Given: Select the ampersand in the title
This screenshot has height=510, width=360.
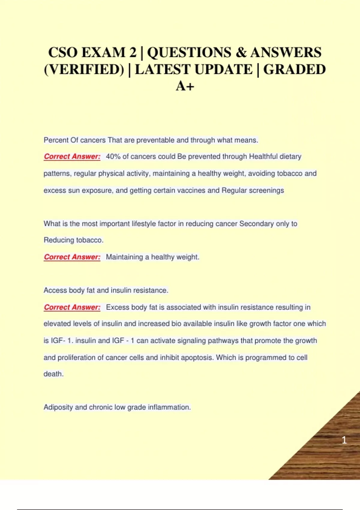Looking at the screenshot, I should click(x=241, y=52).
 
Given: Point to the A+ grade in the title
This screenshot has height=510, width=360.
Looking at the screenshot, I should click(x=185, y=86).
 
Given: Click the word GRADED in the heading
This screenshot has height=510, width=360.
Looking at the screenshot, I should click(x=294, y=70).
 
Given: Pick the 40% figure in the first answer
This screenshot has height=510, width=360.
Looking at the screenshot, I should click(x=113, y=157).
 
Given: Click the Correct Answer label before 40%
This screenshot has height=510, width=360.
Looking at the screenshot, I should click(x=72, y=157).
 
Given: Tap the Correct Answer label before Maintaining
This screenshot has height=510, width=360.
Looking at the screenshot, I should click(x=72, y=257).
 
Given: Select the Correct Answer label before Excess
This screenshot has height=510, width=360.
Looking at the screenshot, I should click(x=72, y=307).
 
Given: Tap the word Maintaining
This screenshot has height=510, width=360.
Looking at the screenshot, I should click(x=124, y=257).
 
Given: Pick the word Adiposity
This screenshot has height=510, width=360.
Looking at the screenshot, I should click(x=58, y=407).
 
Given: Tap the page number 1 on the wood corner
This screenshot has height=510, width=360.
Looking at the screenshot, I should click(x=344, y=440).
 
